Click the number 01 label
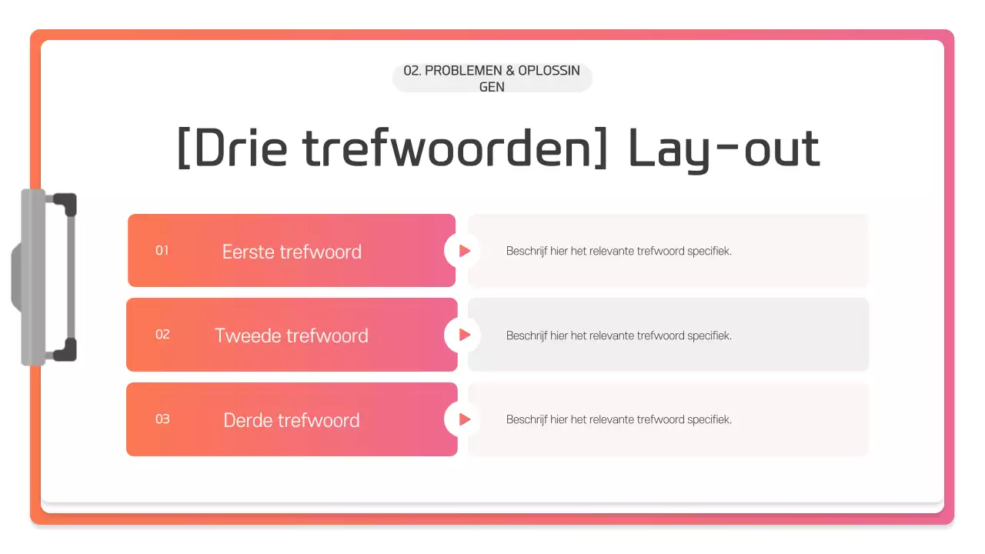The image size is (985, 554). point(162,250)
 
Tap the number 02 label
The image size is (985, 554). point(162,334)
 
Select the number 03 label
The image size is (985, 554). point(162,419)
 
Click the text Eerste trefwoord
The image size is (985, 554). point(292,252)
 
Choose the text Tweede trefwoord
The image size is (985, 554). point(292,335)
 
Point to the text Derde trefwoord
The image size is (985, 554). point(292,420)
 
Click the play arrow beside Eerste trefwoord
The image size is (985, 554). point(464,251)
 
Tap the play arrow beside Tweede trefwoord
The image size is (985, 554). point(464,335)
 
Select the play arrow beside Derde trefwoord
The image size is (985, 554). point(464,419)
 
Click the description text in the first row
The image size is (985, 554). point(619,251)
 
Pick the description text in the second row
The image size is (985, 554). point(619,335)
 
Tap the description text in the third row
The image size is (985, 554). point(619,419)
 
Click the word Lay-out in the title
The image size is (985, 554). point(724,148)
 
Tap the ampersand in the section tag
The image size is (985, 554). point(509,70)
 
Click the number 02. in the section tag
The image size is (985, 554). point(412,70)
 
